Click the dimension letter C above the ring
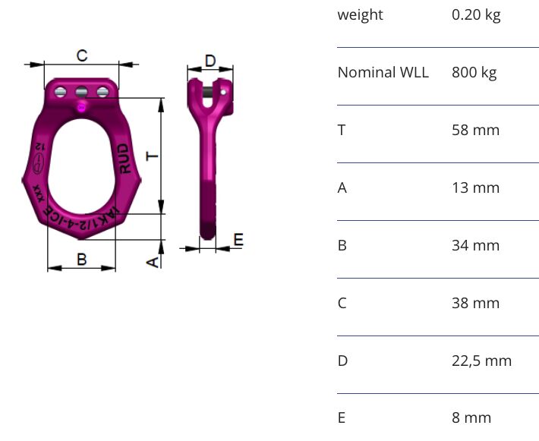[82, 55]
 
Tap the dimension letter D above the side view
[210, 61]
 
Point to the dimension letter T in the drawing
[153, 156]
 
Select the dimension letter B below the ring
[82, 259]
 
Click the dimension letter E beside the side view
[238, 239]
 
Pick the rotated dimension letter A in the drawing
[153, 263]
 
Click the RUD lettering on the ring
[124, 159]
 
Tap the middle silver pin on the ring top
[81, 92]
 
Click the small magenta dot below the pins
[81, 108]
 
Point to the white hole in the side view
[223, 92]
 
